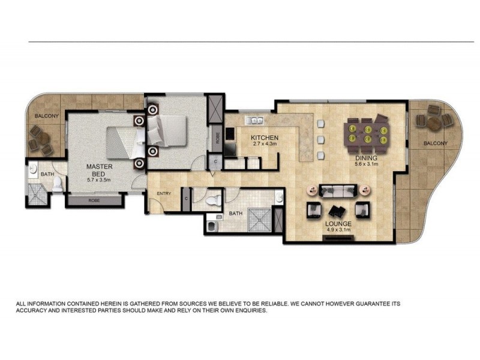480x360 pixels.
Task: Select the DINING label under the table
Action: point(365,157)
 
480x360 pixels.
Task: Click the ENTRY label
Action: point(163,194)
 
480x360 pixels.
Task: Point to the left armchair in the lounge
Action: point(313,211)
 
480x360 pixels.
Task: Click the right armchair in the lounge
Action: point(362,210)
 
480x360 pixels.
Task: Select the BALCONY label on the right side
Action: point(434,143)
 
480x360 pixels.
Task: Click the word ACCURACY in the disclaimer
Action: point(36,312)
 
